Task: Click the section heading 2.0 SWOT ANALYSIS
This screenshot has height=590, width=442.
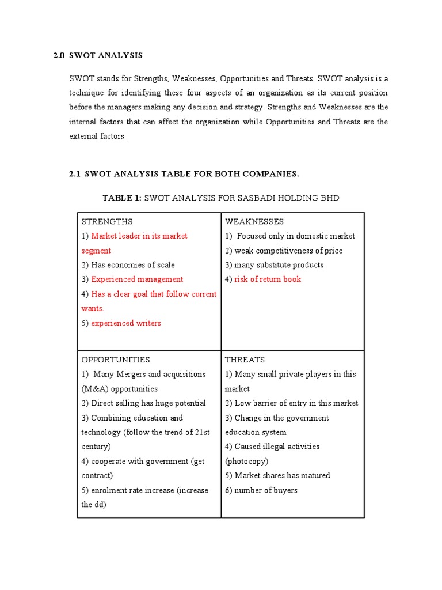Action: [97, 56]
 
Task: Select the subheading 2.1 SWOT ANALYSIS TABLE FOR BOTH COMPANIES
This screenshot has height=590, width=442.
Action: [184, 173]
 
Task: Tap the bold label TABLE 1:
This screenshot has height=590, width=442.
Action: [121, 198]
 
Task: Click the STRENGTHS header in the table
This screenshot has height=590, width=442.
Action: [107, 221]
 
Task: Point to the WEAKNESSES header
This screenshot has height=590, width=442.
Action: [254, 221]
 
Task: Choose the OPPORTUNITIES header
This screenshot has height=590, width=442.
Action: [116, 360]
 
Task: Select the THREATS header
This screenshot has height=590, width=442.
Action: [245, 360]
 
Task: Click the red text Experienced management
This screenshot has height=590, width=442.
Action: [137, 279]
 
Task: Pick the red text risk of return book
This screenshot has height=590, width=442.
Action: [268, 279]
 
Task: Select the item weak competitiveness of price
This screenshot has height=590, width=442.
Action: [288, 251]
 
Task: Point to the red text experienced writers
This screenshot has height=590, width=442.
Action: [126, 323]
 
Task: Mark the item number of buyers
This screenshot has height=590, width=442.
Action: [266, 490]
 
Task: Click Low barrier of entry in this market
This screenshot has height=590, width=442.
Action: [296, 403]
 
